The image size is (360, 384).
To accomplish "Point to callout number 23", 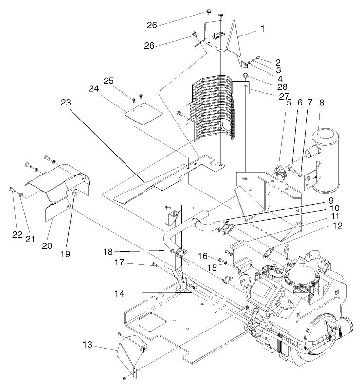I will pos(66,103).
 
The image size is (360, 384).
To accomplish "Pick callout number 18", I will pos(108,251).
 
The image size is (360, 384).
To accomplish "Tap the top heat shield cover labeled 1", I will pos(229,39).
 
